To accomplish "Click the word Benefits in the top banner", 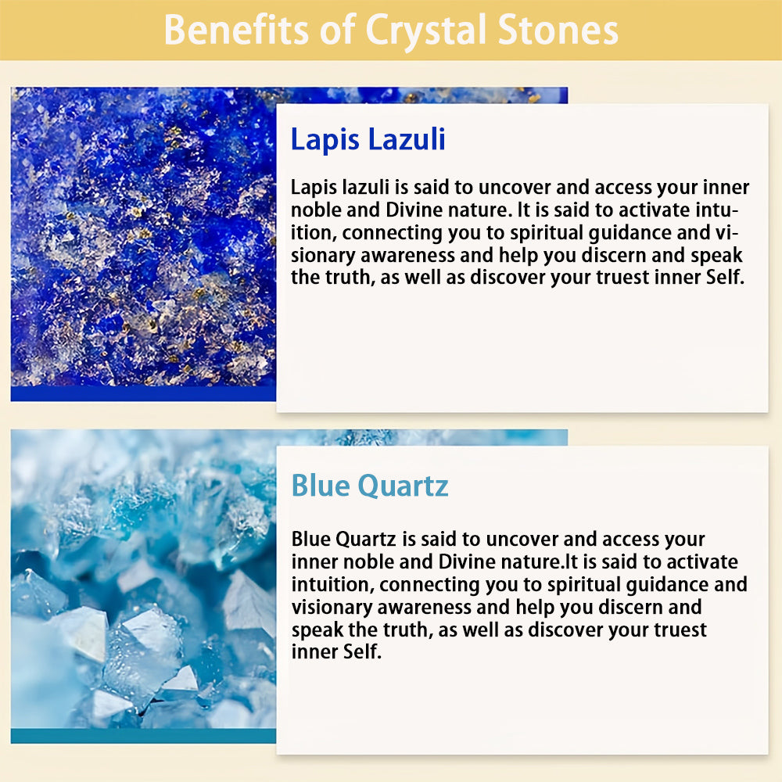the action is (x=236, y=30).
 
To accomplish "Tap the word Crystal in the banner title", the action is (x=426, y=32).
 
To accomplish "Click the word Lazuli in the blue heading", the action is (x=407, y=139).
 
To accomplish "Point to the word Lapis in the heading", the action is (x=325, y=140).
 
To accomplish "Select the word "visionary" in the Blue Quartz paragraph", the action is (x=331, y=608).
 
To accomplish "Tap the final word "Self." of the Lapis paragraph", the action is (x=725, y=278).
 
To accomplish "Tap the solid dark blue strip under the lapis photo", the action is (x=143, y=393).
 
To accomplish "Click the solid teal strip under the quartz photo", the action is (x=143, y=736).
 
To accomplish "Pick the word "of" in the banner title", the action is (x=338, y=30).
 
